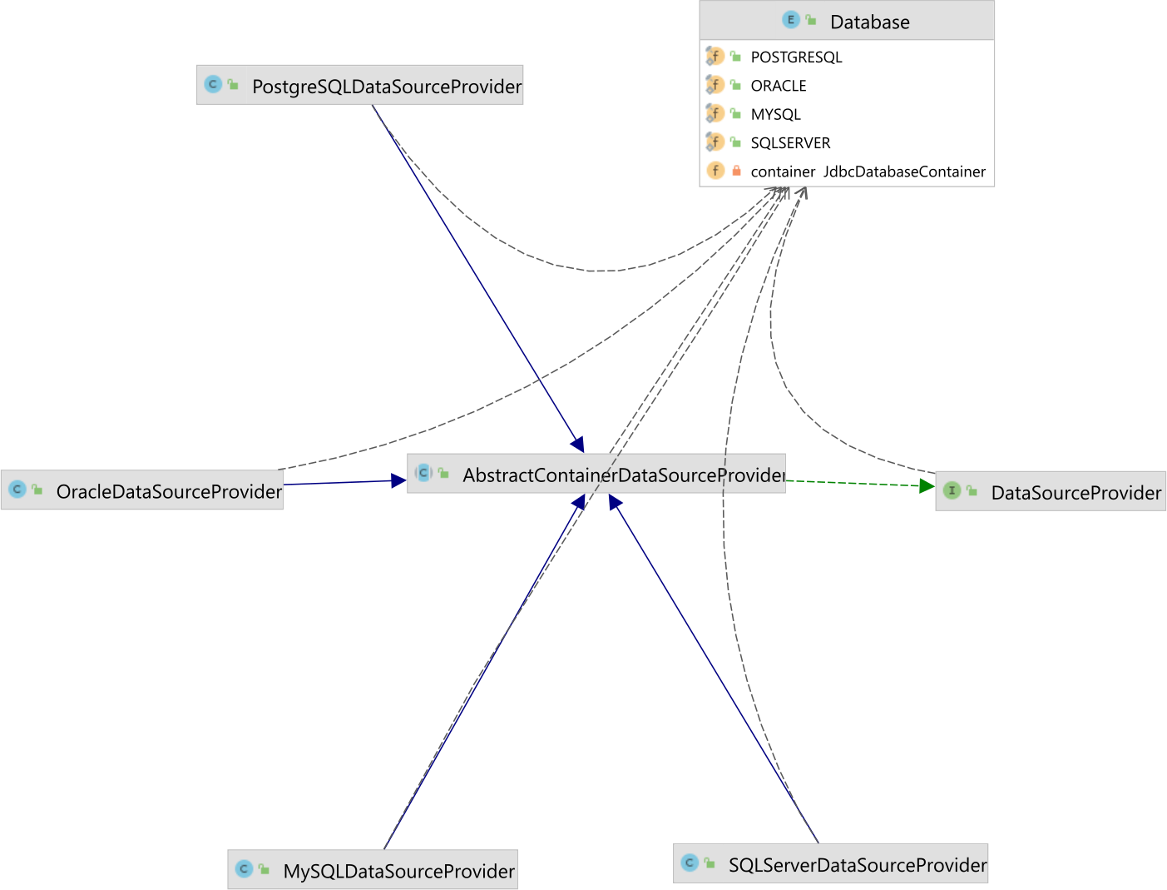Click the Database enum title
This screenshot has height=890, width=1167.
pos(869,22)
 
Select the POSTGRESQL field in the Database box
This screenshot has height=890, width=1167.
pos(796,57)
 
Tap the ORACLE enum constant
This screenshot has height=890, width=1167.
pos(778,86)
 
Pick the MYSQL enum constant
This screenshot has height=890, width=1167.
pos(775,115)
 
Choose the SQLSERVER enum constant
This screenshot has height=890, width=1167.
pos(790,143)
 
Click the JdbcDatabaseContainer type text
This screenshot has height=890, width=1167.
pos(904,172)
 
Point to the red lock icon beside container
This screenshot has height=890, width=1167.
pos(736,171)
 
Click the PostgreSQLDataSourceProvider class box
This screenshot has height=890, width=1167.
pos(360,86)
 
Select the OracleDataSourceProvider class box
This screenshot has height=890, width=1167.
pos(142,490)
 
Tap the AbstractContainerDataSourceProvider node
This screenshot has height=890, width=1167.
pos(596,475)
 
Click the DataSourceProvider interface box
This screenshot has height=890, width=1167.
pos(1051,492)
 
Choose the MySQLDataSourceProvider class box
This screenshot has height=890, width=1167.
pos(373,870)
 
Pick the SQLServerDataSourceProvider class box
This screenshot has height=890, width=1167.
pos(830,864)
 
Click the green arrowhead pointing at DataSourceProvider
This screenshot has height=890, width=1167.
pos(927,485)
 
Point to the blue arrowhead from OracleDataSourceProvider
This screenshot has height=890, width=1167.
pos(398,480)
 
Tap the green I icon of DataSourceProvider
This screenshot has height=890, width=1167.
pos(952,491)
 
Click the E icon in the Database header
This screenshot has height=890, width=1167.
pos(790,20)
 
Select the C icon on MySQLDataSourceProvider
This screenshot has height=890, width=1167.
pos(244,869)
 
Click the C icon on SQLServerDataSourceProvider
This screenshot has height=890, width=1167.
pos(690,863)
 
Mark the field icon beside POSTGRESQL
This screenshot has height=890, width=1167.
pos(715,57)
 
